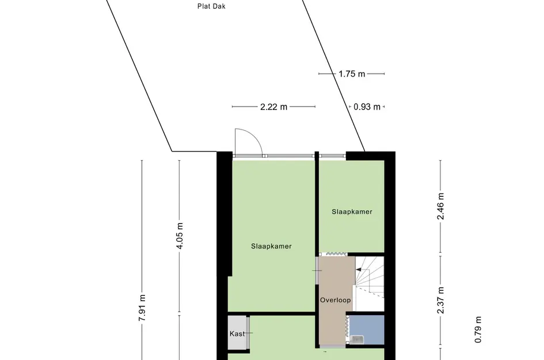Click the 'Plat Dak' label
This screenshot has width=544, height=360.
207,7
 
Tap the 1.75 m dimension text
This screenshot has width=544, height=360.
352,74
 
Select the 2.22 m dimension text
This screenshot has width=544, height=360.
273,107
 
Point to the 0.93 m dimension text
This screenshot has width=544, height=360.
367,107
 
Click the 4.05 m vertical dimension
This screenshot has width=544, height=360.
179,236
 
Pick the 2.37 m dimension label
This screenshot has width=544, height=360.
441,300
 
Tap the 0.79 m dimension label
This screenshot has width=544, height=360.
478,330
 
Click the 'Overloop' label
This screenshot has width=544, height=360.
335,300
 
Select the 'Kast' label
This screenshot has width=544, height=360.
237,334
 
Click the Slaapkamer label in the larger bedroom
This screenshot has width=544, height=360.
271,246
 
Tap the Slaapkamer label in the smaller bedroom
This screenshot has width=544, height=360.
352,211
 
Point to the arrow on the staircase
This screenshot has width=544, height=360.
361,270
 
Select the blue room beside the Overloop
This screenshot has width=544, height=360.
367,329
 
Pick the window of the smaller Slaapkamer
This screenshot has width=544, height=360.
332,155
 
